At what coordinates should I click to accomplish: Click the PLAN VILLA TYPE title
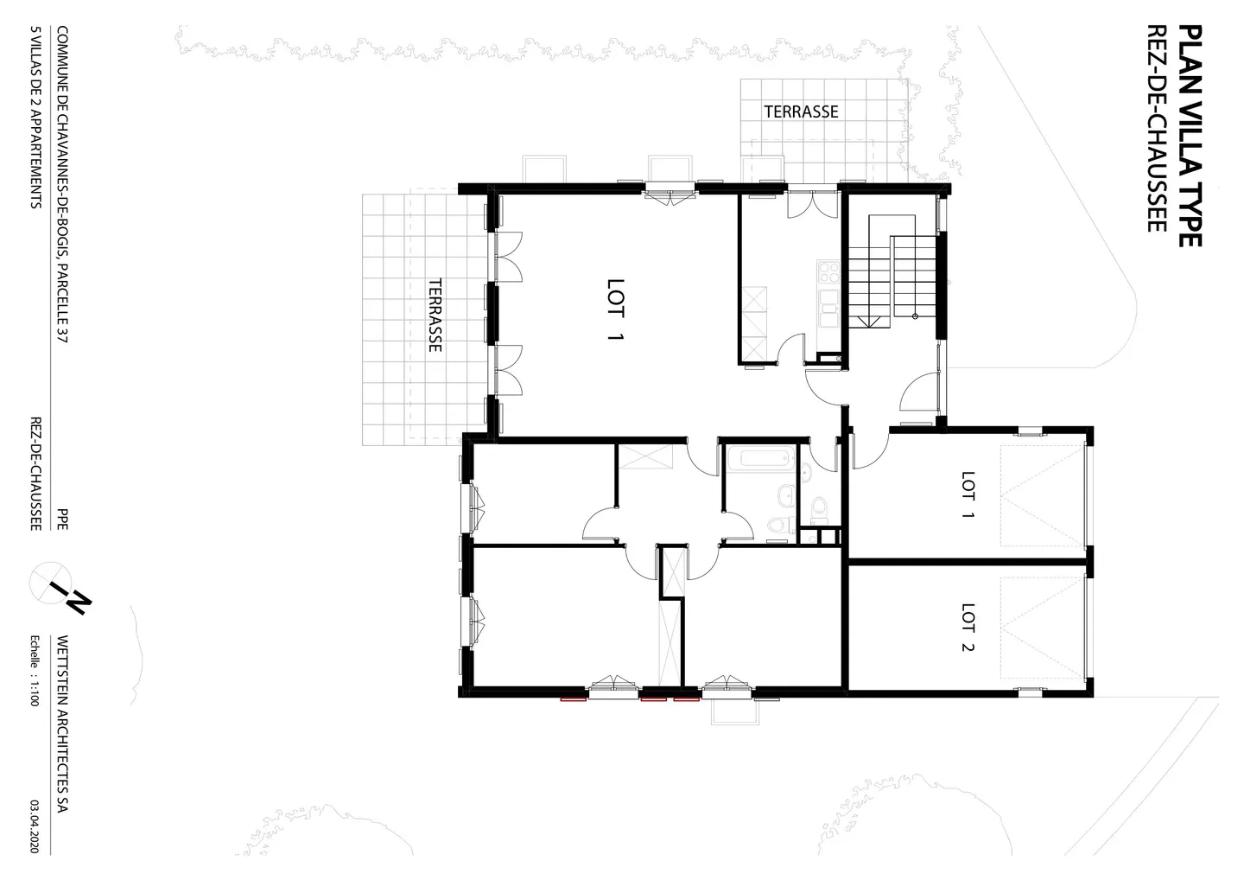pyautogui.click(x=1190, y=136)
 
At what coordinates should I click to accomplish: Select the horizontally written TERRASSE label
pyautogui.click(x=801, y=112)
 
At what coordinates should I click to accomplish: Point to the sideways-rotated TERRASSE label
pyautogui.click(x=435, y=315)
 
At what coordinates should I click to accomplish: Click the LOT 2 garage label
pyautogui.click(x=968, y=628)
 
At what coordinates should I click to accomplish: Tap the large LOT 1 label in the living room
pyautogui.click(x=614, y=310)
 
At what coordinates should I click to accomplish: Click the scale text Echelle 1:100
pyautogui.click(x=35, y=671)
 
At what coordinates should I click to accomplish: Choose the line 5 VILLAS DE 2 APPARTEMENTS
pyautogui.click(x=35, y=118)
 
